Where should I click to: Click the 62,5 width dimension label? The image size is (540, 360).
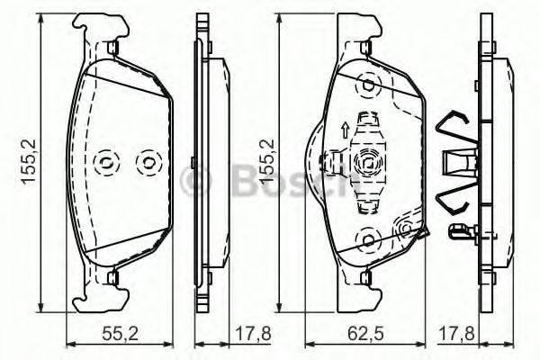coord(365,333)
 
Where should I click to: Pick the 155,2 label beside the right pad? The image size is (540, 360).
coord(265,163)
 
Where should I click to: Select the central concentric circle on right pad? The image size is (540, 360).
coord(367,162)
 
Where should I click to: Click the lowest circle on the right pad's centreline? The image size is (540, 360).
coord(367,238)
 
